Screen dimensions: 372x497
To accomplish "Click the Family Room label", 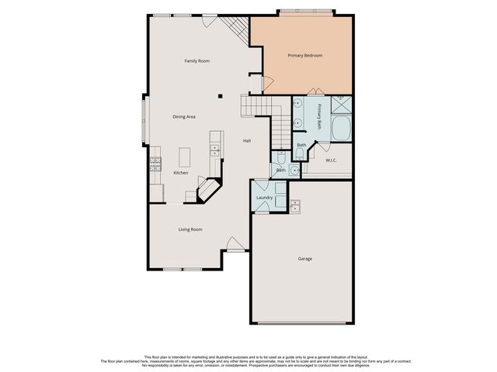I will click(x=196, y=60).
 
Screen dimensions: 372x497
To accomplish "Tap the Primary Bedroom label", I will click(x=304, y=55).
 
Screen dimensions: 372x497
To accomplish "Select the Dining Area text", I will click(x=184, y=116).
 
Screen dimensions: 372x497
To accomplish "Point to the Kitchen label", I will click(x=180, y=172).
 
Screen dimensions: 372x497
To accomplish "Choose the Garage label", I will click(x=304, y=258).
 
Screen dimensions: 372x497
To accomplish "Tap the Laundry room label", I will click(x=264, y=198).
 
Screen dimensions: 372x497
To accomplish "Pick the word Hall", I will click(x=246, y=140).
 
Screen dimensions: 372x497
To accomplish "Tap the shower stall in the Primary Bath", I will click(x=341, y=105).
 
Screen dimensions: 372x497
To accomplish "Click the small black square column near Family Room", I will click(x=220, y=97).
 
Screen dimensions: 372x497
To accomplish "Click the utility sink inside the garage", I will click(x=295, y=205).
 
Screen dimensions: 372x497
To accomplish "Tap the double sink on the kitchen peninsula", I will click(x=214, y=144).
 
